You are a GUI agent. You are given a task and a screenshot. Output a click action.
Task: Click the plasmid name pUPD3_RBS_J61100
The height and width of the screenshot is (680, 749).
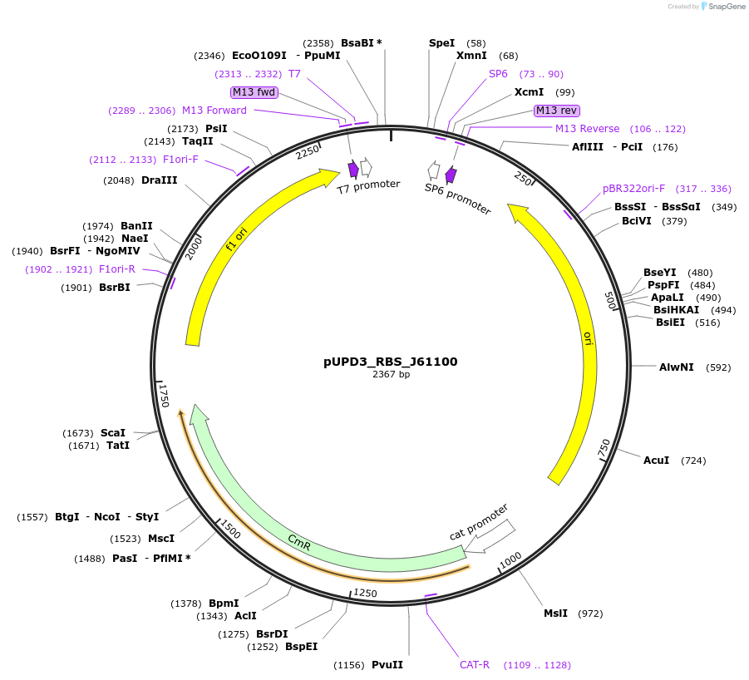pos(390,362)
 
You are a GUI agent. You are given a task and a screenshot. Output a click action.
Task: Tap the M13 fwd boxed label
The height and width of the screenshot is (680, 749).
pos(254,92)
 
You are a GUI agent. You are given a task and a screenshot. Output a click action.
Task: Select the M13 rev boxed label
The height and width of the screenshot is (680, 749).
pos(556,111)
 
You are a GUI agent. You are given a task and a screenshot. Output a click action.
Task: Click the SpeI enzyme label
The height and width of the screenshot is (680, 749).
pos(441,42)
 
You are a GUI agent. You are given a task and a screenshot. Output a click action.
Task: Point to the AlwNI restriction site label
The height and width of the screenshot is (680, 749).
pos(676,367)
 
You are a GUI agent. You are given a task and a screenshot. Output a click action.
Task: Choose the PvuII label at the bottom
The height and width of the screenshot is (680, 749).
pos(387,665)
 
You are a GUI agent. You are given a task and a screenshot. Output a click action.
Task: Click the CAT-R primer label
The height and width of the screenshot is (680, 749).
pos(475,665)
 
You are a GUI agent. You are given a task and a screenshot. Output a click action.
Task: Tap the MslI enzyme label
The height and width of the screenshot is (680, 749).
pos(555,613)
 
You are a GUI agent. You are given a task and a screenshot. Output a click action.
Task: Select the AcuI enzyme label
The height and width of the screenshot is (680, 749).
pos(656,460)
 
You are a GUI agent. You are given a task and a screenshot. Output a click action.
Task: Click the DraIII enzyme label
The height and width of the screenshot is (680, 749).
pos(159,180)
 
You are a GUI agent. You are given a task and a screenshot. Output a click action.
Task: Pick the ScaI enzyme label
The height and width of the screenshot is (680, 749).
pos(113,432)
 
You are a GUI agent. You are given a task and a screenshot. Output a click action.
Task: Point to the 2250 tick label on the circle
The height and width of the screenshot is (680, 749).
pos(308,151)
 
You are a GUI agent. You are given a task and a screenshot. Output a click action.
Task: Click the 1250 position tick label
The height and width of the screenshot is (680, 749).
pos(366,593)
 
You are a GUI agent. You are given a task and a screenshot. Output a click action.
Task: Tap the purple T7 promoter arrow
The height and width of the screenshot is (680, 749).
pos(353,170)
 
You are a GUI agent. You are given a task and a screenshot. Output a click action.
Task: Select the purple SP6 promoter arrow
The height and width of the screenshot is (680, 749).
pos(451,175)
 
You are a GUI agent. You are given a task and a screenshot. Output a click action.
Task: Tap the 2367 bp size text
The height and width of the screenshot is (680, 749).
pos(390,375)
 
